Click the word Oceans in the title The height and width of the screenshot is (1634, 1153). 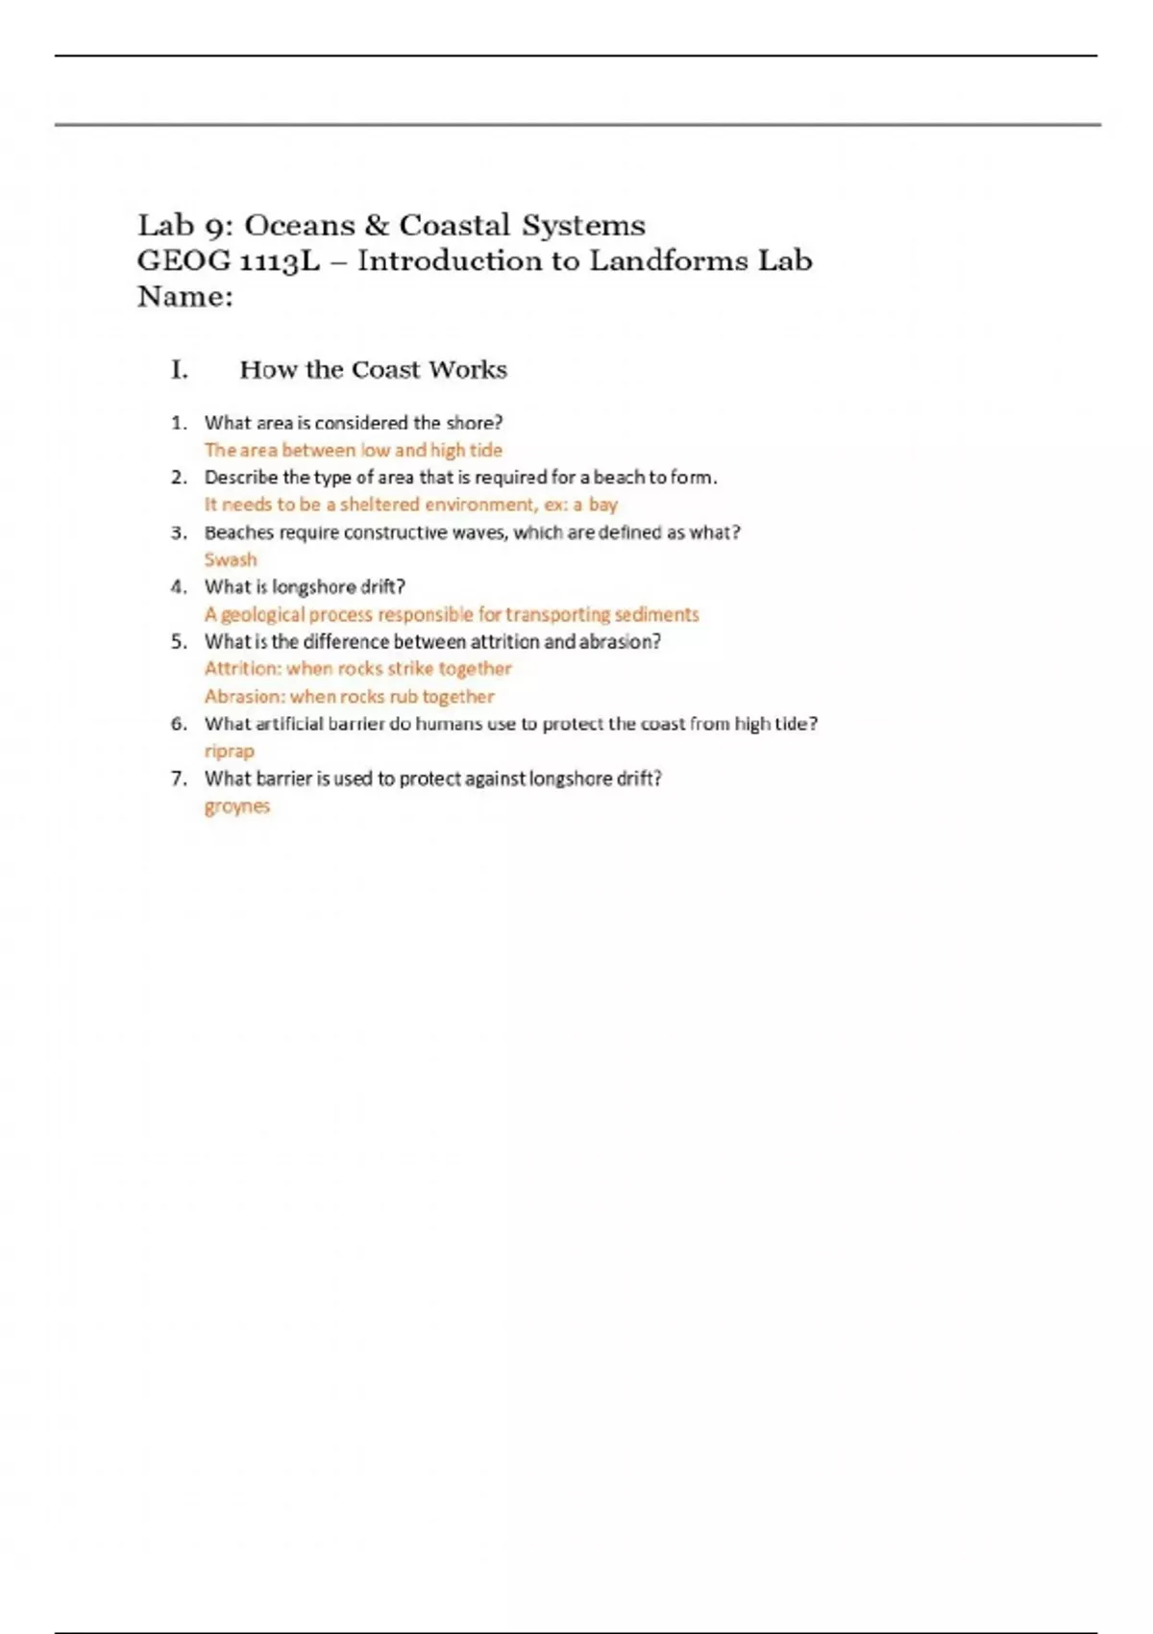click(300, 225)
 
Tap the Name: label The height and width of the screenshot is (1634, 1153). click(184, 296)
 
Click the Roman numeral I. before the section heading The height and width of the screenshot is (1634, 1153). click(180, 370)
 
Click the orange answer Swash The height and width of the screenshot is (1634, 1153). click(231, 559)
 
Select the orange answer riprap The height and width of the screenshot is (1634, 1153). click(229, 751)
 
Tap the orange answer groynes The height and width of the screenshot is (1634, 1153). click(236, 806)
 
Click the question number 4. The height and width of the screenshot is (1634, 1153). click(179, 587)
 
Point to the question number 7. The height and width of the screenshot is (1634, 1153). click(179, 779)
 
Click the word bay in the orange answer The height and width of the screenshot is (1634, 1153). click(602, 505)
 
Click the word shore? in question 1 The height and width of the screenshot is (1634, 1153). click(474, 423)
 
